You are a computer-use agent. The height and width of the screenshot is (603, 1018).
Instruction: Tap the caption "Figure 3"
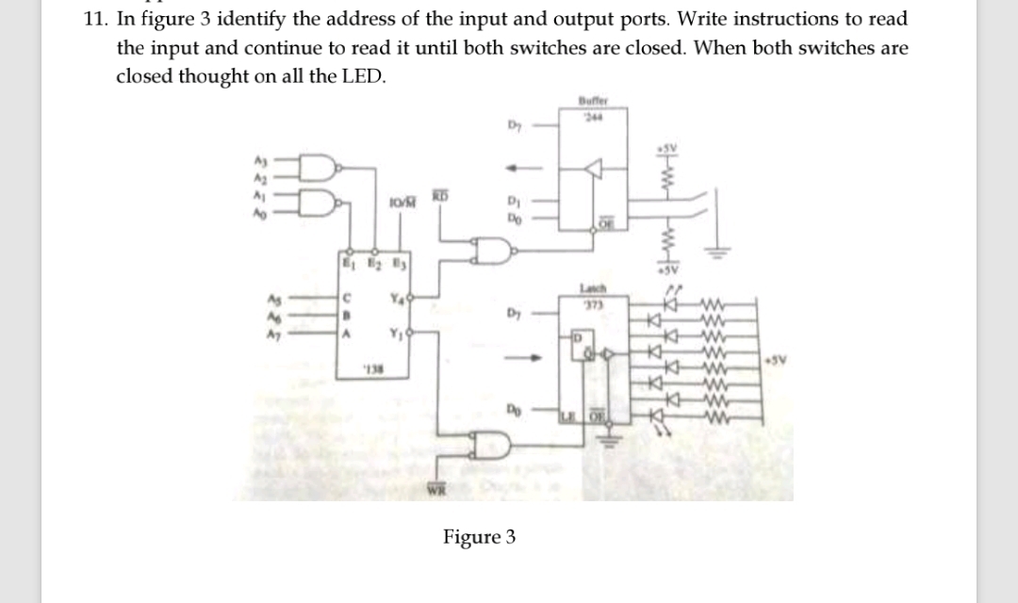[480, 537]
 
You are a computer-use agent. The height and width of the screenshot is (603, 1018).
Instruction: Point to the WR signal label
[440, 487]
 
